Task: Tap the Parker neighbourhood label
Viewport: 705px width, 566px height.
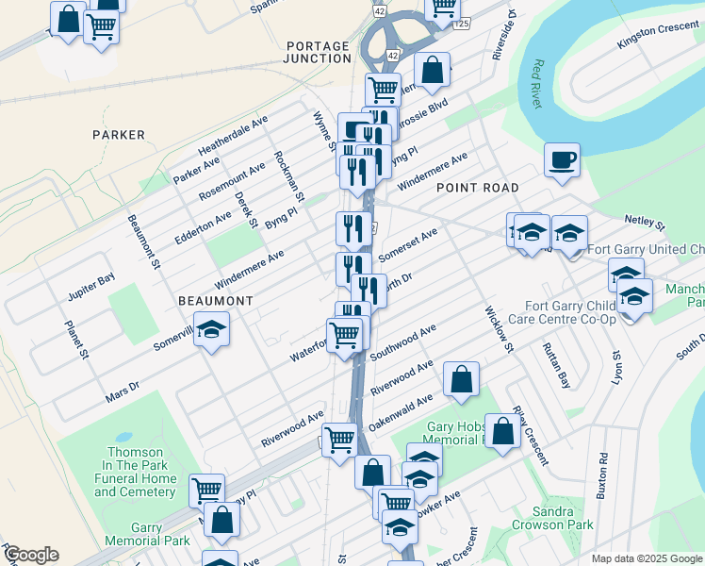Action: tap(119, 135)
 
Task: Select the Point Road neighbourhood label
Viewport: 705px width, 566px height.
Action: tap(477, 189)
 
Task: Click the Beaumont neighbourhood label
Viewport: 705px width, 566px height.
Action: tap(216, 301)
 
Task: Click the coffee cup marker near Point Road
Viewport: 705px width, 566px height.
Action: tap(562, 159)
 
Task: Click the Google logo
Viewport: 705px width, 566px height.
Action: tap(31, 555)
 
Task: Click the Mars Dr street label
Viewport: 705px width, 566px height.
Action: tap(123, 391)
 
